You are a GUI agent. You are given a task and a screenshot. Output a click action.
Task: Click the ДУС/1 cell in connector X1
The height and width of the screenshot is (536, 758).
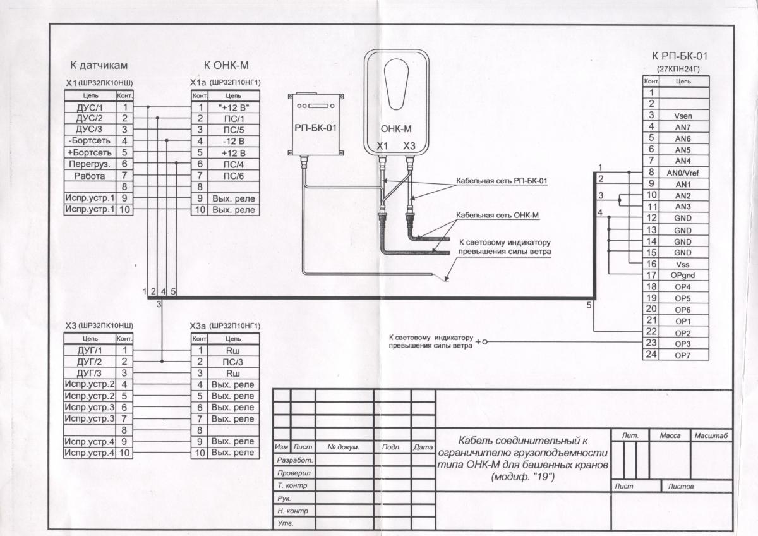(x=90, y=107)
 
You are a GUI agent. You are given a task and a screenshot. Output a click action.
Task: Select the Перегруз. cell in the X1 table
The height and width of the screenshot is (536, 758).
(x=90, y=164)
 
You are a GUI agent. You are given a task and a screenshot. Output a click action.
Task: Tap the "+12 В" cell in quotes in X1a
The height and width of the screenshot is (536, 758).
(x=234, y=107)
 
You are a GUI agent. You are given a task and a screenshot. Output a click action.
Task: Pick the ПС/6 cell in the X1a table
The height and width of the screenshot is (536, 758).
(x=234, y=176)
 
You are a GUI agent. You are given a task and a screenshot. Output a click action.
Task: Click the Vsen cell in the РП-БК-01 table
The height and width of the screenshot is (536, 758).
(x=683, y=116)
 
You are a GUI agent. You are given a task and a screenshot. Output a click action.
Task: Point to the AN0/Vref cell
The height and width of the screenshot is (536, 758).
(x=683, y=173)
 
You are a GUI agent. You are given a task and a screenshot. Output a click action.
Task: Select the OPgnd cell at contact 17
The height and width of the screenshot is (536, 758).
(x=683, y=276)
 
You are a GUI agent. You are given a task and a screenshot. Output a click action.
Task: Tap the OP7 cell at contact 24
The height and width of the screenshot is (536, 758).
(x=683, y=355)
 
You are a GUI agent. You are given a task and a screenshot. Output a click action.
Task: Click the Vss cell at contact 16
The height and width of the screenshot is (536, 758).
(x=683, y=264)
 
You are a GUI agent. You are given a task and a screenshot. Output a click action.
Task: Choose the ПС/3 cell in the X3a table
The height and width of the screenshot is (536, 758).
(x=233, y=362)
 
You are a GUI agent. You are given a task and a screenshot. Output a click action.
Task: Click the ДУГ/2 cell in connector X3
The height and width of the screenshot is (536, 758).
(x=90, y=362)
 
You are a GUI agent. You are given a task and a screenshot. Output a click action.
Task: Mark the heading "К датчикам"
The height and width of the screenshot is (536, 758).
(x=99, y=65)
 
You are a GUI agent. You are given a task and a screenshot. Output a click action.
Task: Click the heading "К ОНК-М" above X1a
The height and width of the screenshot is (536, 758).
(x=226, y=65)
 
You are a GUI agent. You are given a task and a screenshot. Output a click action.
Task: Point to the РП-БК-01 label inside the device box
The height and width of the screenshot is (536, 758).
(x=315, y=128)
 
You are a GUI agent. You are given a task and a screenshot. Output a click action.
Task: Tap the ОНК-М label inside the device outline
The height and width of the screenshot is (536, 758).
(x=396, y=129)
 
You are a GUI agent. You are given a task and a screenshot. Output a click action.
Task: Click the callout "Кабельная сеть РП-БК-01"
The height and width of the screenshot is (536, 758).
(x=502, y=181)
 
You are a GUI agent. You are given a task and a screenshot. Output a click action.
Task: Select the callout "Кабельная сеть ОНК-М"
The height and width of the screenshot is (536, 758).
(x=498, y=216)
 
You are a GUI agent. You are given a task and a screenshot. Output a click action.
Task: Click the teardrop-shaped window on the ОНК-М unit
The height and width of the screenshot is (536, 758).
(x=397, y=85)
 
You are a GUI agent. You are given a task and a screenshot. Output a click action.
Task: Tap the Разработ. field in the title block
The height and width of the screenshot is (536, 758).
(x=295, y=460)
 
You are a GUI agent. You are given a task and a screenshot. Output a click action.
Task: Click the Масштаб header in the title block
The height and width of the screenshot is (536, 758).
(x=711, y=435)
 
